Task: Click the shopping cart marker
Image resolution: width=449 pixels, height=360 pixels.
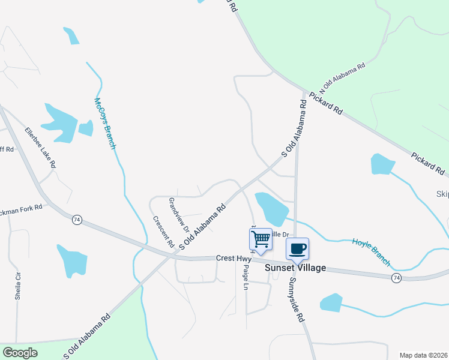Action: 261,239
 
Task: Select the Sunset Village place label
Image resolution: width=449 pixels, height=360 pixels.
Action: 295,268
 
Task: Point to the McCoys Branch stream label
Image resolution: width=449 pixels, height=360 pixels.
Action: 104,123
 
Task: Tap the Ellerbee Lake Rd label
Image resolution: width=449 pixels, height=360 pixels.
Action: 40,147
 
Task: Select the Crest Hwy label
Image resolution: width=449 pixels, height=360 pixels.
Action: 233,259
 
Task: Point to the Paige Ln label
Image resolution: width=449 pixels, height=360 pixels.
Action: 246,279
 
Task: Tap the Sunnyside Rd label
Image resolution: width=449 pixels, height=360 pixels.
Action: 295,299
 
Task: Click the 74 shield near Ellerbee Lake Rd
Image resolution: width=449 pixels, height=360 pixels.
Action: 77,220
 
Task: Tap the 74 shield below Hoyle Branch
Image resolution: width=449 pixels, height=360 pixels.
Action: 396,278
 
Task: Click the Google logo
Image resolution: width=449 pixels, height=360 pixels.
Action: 20,353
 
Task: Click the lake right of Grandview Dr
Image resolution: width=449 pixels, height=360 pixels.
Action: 271,208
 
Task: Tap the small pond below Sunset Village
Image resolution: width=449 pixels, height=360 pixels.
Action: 331,302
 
